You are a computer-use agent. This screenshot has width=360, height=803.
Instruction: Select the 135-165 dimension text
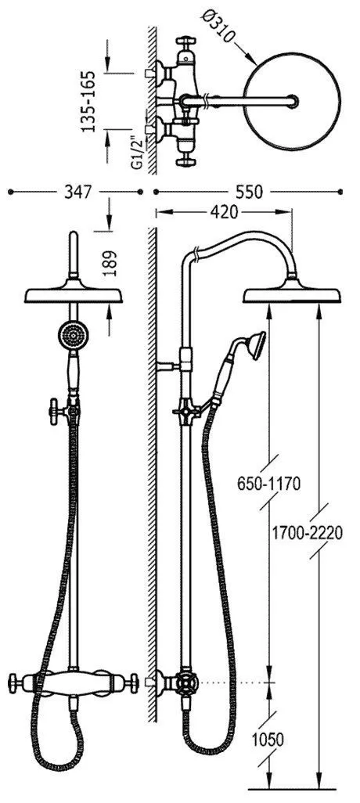(90, 102)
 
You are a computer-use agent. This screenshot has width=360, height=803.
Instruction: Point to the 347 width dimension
(77, 192)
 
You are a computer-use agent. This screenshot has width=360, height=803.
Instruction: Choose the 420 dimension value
(223, 212)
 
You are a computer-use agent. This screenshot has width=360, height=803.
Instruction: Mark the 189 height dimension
(110, 263)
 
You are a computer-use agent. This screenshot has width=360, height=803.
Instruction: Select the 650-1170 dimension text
(268, 484)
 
